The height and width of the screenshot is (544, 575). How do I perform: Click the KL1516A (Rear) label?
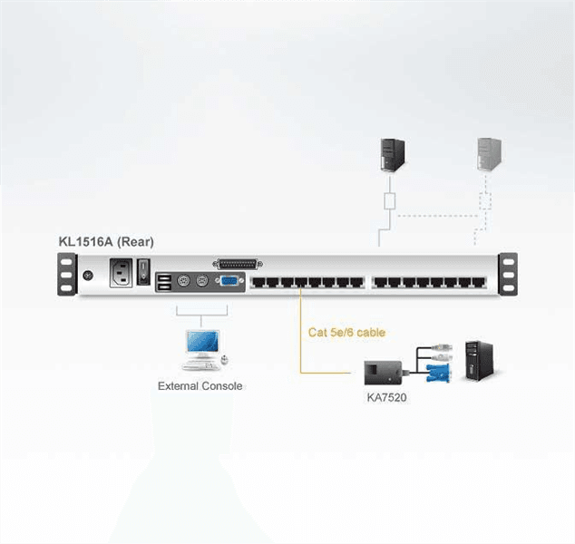(106, 242)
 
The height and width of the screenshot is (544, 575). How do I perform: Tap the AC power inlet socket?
(121, 273)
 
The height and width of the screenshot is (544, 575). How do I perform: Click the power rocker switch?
(143, 272)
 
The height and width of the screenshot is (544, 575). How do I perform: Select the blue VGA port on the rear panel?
(229, 281)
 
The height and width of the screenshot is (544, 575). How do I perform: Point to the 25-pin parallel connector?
(238, 264)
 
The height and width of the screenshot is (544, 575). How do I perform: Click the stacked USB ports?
(164, 283)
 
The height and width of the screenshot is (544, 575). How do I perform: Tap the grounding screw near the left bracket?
(88, 276)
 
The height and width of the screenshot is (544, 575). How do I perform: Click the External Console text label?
(200, 386)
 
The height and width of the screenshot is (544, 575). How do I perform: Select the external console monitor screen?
(202, 342)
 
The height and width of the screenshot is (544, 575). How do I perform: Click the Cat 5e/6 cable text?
(346, 333)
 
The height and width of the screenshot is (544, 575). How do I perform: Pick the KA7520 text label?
(386, 398)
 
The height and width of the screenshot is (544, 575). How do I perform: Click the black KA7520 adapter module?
(383, 373)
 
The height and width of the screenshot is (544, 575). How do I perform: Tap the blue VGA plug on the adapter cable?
(438, 374)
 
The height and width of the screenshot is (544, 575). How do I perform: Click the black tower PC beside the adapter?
(479, 361)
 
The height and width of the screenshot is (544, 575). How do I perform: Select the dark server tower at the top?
(393, 155)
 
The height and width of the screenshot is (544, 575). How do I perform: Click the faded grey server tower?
(489, 154)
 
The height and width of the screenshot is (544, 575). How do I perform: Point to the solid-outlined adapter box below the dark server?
(390, 201)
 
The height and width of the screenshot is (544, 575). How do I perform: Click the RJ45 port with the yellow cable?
(301, 282)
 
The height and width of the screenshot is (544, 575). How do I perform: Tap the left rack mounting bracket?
(67, 274)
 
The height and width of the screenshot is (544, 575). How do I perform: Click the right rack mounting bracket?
(508, 274)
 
